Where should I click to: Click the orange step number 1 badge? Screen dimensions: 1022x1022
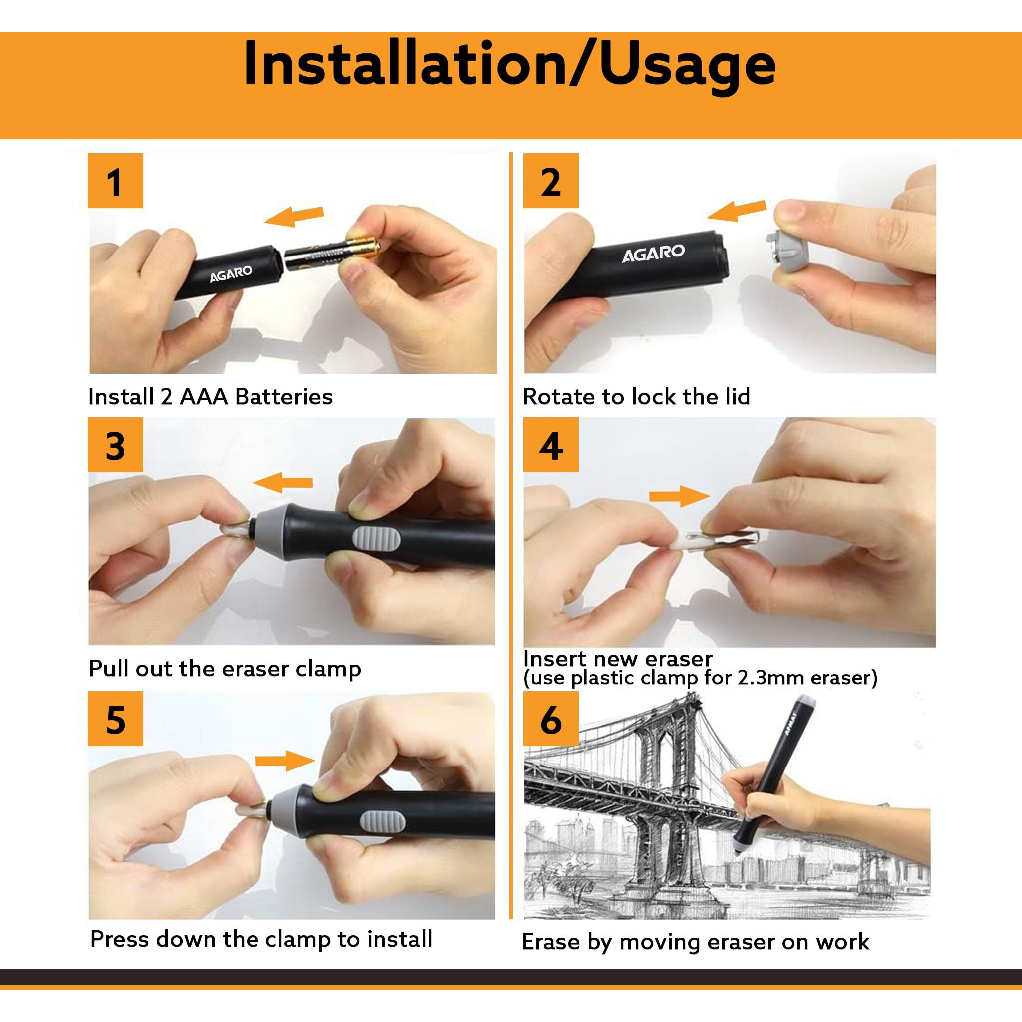pyautogui.click(x=115, y=180)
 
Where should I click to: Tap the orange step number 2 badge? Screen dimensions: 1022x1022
pyautogui.click(x=551, y=180)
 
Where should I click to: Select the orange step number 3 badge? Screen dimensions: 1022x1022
pyautogui.click(x=115, y=444)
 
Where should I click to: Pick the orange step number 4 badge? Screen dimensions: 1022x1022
pyautogui.click(x=551, y=444)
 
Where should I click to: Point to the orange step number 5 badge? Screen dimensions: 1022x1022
pyautogui.click(x=115, y=719)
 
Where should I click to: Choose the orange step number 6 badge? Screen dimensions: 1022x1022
pyautogui.click(x=551, y=719)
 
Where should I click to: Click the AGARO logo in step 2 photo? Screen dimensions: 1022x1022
pyautogui.click(x=653, y=254)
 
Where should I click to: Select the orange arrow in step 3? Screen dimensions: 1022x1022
pyautogui.click(x=282, y=483)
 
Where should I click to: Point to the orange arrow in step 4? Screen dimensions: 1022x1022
pyautogui.click(x=679, y=496)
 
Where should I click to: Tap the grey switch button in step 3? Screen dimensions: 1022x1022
pyautogui.click(x=377, y=544)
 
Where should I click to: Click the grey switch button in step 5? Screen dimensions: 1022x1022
pyautogui.click(x=383, y=821)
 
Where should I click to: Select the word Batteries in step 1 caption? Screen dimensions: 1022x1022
pyautogui.click(x=283, y=396)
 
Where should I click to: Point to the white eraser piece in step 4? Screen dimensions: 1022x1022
pyautogui.click(x=686, y=543)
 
